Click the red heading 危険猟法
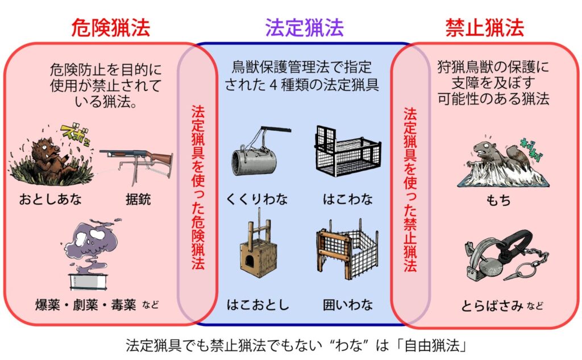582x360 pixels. (x=110, y=27)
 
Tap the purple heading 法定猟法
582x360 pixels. (x=305, y=27)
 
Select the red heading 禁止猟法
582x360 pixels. (x=484, y=27)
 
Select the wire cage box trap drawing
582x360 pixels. (x=348, y=151)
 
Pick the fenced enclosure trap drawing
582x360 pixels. (x=347, y=249)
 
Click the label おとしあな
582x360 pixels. (x=51, y=199)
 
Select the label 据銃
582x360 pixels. (x=138, y=200)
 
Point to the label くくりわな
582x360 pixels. (x=257, y=199)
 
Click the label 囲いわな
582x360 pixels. (x=348, y=305)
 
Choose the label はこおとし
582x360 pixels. (x=257, y=305)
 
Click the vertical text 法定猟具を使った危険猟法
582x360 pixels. (x=198, y=187)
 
